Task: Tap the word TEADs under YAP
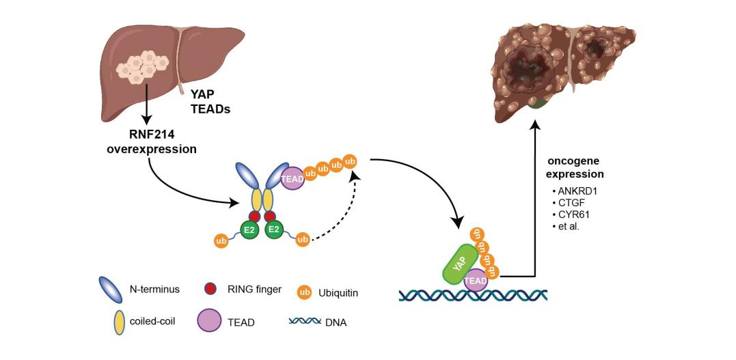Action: click(204, 111)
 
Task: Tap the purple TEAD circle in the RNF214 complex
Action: click(292, 178)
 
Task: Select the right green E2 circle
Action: click(274, 230)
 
